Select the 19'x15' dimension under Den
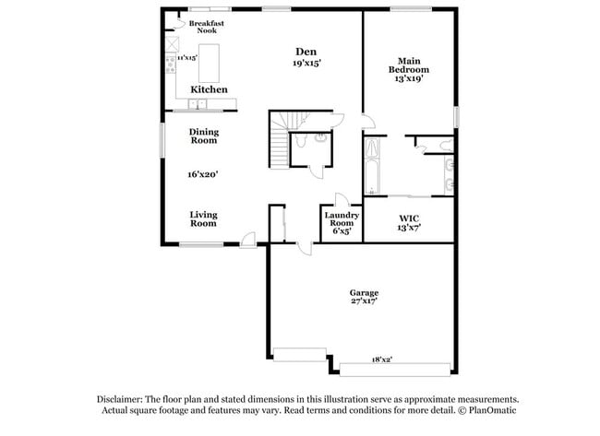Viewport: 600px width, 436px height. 307,63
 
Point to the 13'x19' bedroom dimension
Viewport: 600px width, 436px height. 408,78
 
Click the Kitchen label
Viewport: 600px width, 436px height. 210,89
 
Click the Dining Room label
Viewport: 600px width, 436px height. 204,136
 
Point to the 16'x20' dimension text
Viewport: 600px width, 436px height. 203,173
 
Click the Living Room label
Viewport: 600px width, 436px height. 203,218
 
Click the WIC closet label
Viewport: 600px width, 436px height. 409,218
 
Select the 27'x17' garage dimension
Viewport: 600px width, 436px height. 363,301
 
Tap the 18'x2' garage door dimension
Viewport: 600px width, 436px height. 382,359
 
